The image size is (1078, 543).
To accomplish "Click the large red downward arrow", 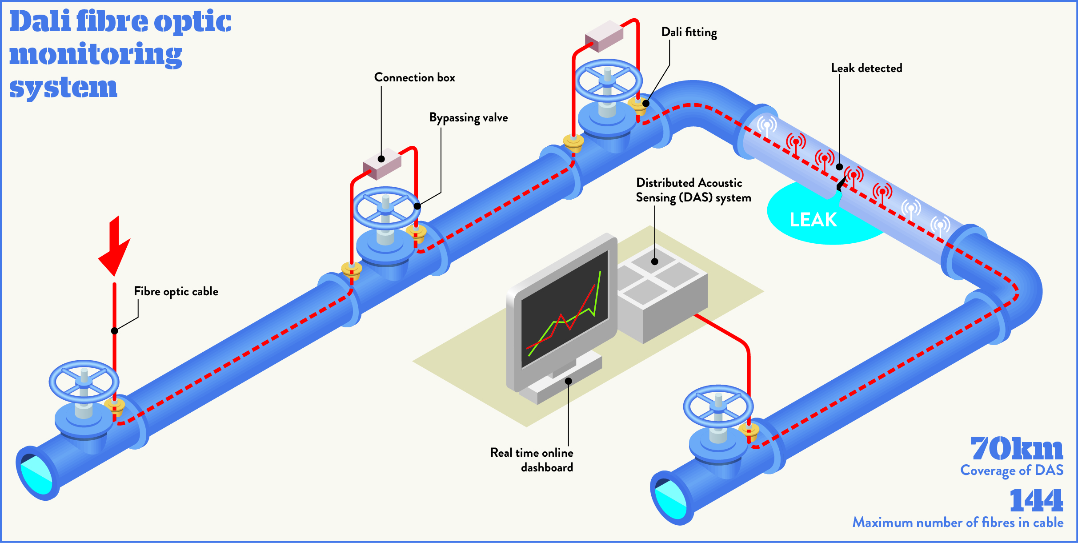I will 115,247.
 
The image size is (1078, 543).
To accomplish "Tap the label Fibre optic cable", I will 176,292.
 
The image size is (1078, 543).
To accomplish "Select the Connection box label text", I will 414,77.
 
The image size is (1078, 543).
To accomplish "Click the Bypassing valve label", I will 468,118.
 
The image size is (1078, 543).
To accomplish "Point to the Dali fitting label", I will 689,32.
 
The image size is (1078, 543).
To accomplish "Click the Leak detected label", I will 866,68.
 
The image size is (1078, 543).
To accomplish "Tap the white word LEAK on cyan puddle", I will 813,220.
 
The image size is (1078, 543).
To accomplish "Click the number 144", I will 1036,500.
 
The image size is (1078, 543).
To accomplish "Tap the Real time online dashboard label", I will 532,460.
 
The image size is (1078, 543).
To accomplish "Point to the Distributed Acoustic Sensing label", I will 693,190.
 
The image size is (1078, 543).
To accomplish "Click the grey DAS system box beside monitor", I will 662,294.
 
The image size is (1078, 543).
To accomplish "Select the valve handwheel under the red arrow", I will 84,381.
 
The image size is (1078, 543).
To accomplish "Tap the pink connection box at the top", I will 604,36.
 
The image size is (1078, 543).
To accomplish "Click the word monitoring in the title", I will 96,54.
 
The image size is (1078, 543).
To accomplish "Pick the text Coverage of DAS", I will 1012,471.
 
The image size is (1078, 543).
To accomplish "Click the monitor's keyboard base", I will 560,382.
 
